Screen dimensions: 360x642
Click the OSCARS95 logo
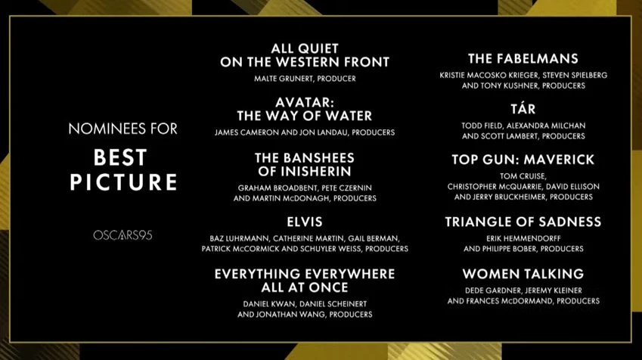tap(123, 235)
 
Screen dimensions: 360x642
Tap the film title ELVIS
tap(305, 222)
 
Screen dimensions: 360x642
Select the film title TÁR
tap(523, 110)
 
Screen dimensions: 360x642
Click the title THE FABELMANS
tap(523, 58)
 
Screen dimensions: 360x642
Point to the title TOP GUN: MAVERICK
tap(523, 160)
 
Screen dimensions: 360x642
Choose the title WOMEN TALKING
tap(523, 273)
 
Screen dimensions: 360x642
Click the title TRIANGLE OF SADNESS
tap(523, 222)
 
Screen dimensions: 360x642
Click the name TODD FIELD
tap(484, 125)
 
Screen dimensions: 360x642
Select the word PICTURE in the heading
tap(123, 182)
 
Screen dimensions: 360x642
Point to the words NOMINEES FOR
tap(123, 129)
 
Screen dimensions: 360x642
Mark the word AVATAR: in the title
tap(305, 101)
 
